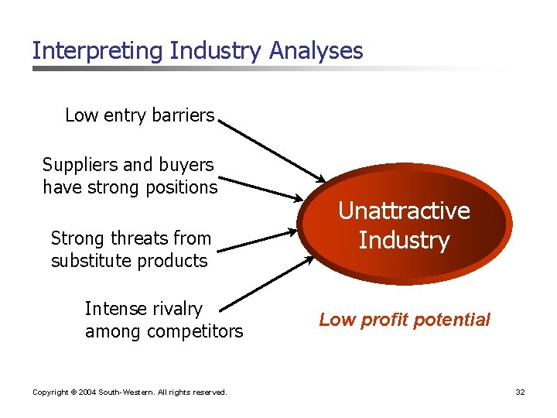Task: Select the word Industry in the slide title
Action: pyautogui.click(x=216, y=51)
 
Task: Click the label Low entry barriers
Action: pyautogui.click(x=139, y=115)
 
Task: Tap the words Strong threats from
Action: pyautogui.click(x=130, y=238)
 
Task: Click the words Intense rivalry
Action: pyautogui.click(x=143, y=309)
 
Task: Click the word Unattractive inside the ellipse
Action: pyautogui.click(x=404, y=211)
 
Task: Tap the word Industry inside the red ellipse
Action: pyautogui.click(x=404, y=241)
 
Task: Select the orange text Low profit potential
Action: pyautogui.click(x=404, y=320)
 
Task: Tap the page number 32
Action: pyautogui.click(x=520, y=392)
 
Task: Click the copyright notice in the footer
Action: pyautogui.click(x=129, y=392)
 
